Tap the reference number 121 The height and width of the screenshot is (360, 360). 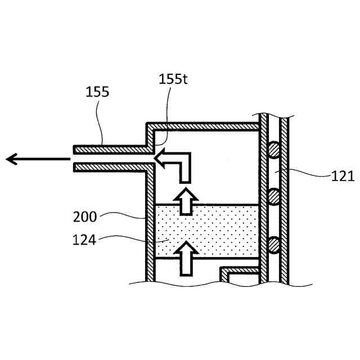point(343,177)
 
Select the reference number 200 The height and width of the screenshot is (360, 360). point(85,215)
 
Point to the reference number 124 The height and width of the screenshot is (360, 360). point(84,241)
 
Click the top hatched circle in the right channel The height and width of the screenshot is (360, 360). point(274,150)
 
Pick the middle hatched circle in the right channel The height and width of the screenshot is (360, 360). point(274,196)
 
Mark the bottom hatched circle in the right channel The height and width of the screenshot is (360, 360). point(274,244)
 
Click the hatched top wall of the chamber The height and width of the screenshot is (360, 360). point(202,124)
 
